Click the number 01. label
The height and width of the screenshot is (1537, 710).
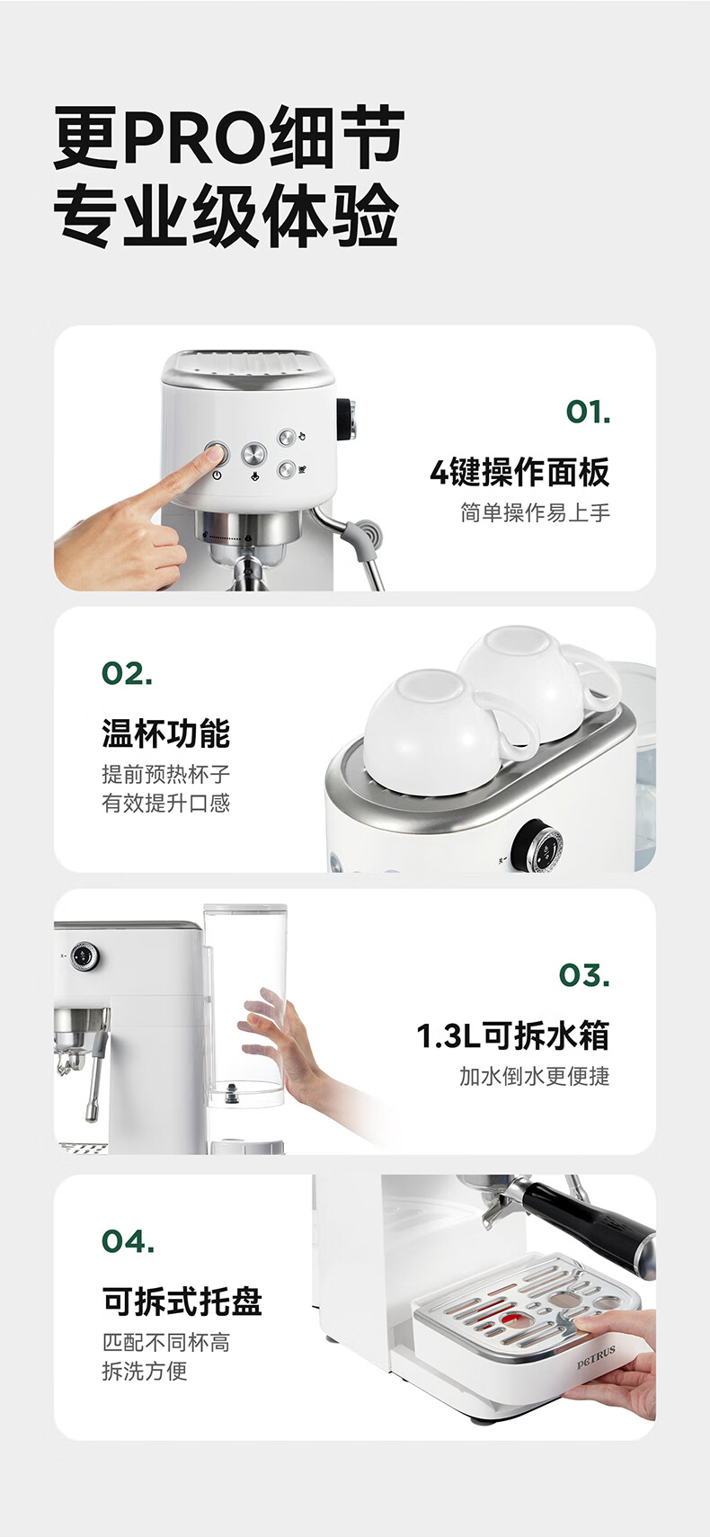coord(588,412)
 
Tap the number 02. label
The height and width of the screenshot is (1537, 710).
coord(127,673)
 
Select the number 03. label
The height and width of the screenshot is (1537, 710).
coord(584,975)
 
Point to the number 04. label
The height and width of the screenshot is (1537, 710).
coord(128,1240)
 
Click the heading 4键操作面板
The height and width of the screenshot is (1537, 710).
coord(520,472)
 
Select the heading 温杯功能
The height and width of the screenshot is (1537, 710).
coord(166,733)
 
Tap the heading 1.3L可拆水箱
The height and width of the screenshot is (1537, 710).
coord(513,1035)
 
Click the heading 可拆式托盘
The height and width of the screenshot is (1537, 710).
coord(182,1301)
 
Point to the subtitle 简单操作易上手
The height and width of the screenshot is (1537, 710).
coord(535,512)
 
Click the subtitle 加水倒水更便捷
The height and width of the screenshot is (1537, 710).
coord(535,1076)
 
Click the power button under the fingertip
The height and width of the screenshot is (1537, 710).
coord(216,454)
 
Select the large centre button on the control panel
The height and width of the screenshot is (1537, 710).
coord(253,454)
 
